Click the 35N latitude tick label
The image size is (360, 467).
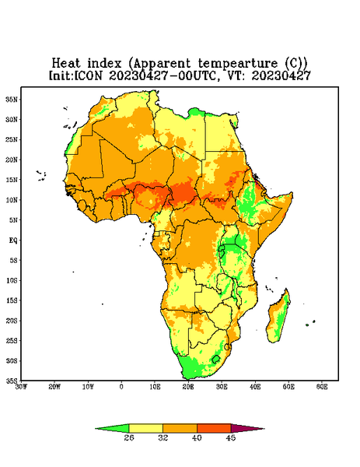[12, 99]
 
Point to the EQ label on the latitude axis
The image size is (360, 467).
[13, 240]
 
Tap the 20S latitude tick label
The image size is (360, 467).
[12, 321]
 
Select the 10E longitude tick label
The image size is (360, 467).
[155, 387]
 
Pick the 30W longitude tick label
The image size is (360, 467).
[22, 387]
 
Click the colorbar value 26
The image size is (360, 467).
[129, 437]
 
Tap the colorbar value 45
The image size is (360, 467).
[231, 437]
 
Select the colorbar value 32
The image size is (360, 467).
[163, 437]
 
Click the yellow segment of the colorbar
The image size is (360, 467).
[145, 428]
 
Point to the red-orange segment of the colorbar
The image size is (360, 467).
[214, 428]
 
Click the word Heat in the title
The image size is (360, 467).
[66, 64]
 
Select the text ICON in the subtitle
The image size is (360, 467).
[88, 75]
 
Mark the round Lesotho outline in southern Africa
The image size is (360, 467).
[216, 359]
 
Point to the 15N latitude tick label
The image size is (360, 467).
[12, 180]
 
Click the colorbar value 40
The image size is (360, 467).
[197, 437]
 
